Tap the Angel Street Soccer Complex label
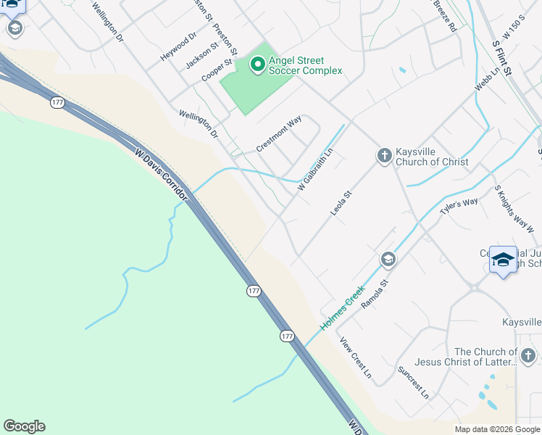coord(305,66)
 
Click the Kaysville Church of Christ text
coord(432,157)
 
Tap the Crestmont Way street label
coord(279,134)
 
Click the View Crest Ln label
coord(355,360)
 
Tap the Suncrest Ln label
coord(413,382)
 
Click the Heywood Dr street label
coord(178,46)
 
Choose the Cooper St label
coord(217,71)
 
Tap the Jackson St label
coord(201,56)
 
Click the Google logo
coord(24,426)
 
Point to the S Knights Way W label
coord(514,209)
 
